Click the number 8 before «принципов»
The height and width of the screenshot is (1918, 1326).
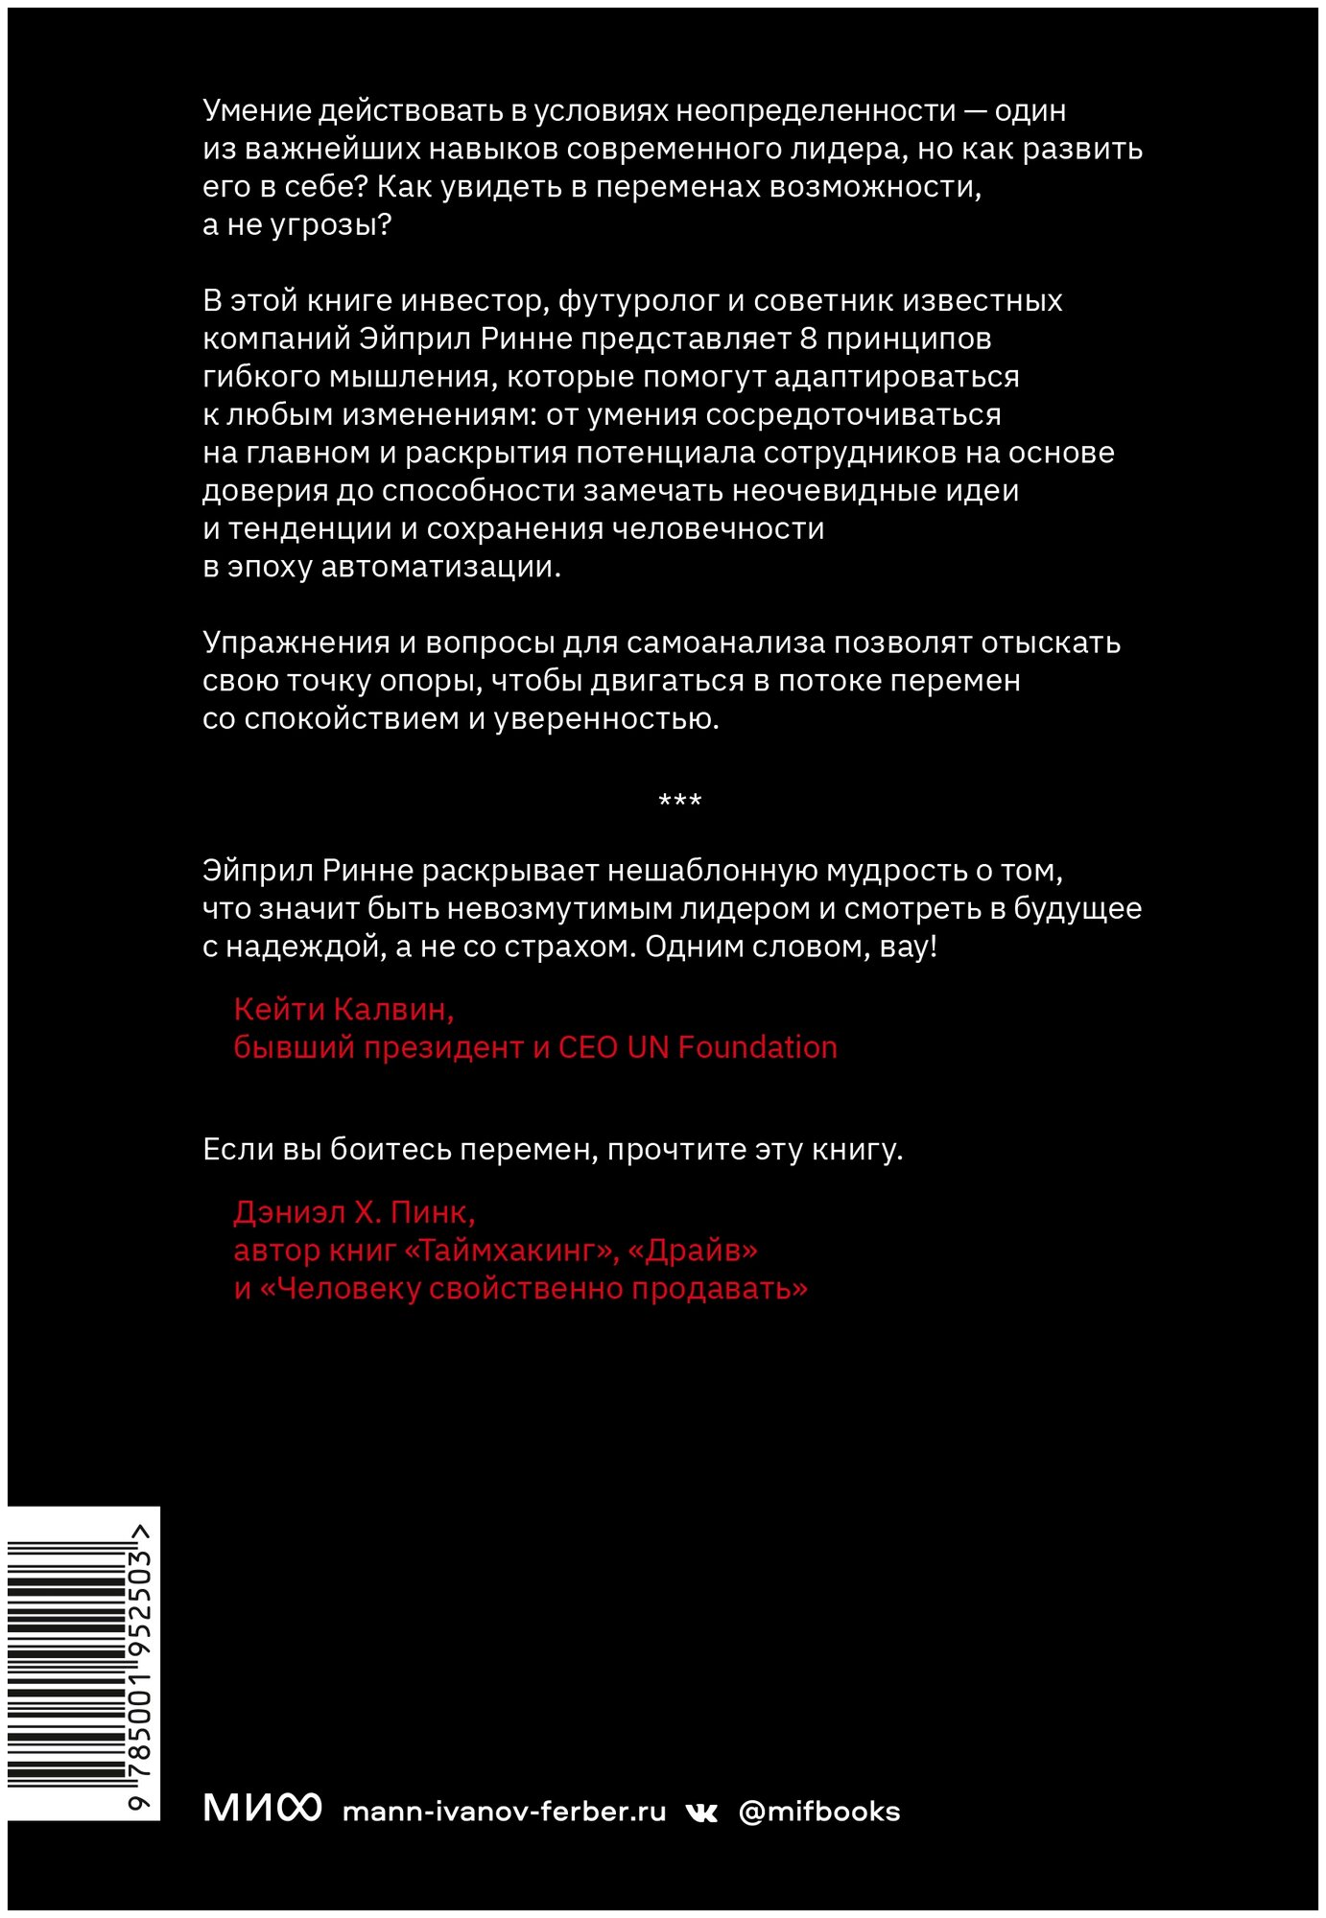808,339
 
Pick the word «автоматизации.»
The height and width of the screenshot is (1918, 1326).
440,567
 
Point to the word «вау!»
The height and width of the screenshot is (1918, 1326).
908,947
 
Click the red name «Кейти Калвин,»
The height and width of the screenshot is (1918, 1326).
343,1009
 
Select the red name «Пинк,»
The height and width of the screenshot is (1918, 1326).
433,1213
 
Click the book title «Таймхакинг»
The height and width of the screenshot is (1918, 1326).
513,1251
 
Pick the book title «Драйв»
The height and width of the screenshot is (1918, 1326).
692,1251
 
